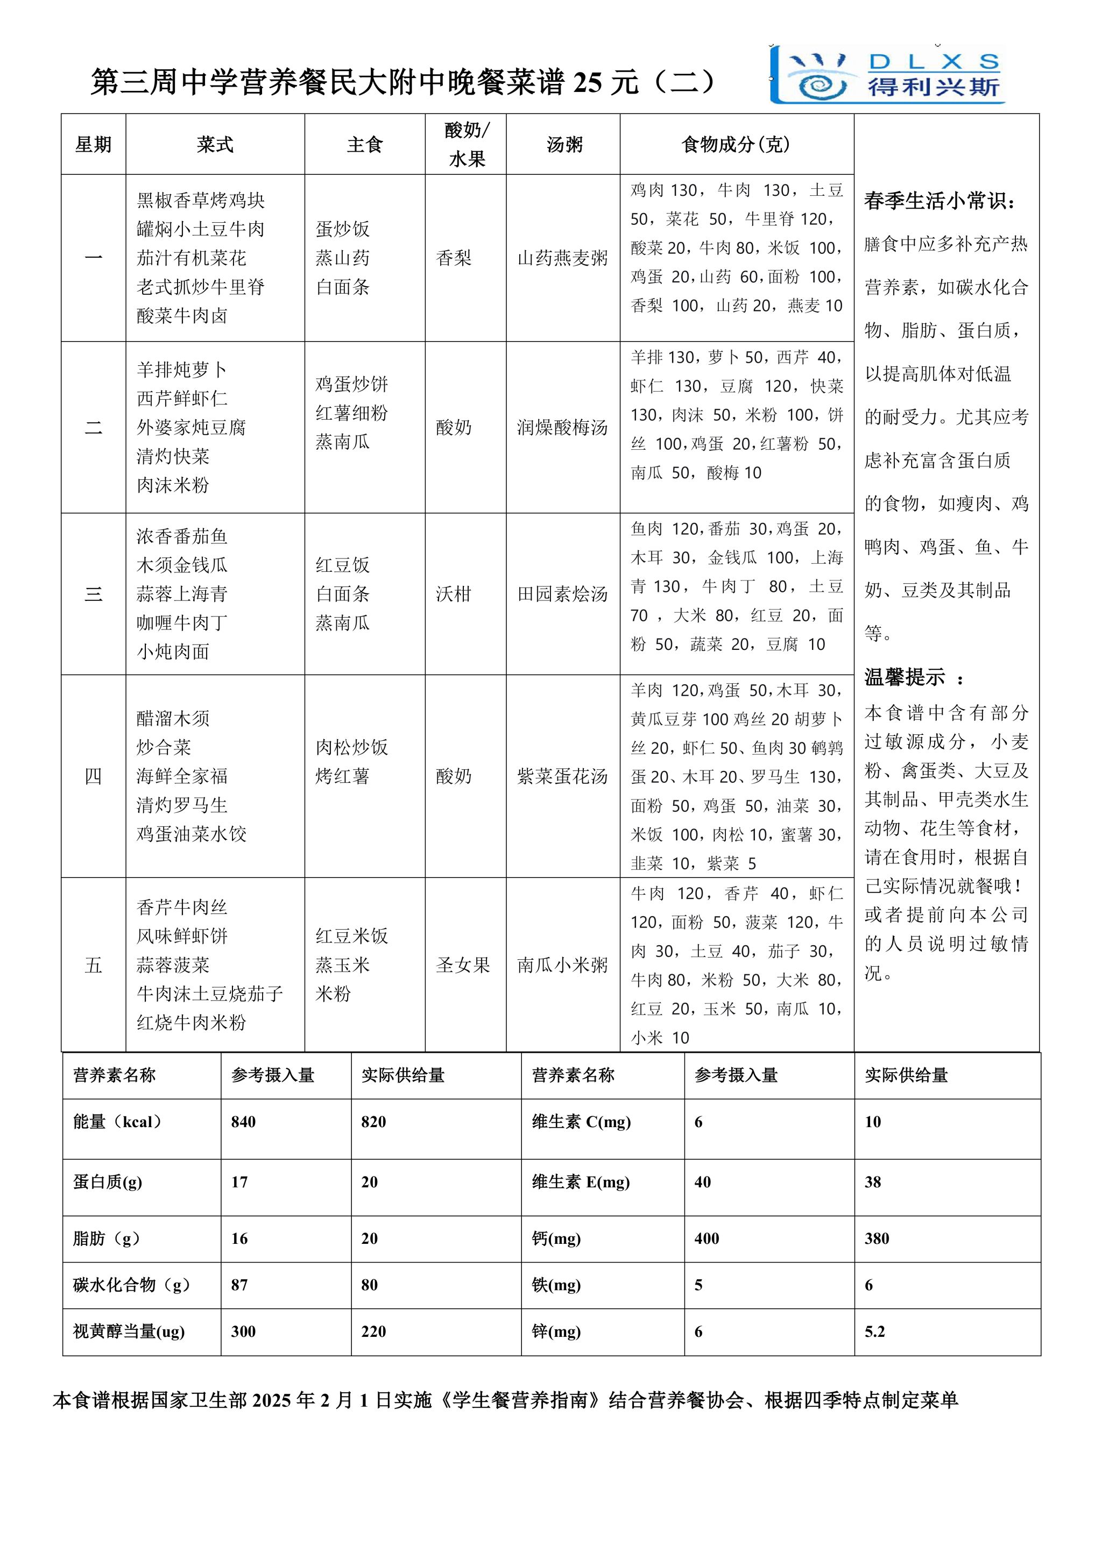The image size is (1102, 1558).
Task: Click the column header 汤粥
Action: [564, 145]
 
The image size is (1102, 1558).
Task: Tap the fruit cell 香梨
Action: [453, 258]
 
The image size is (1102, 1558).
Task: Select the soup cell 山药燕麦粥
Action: [562, 258]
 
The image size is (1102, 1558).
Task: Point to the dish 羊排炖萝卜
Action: [181, 370]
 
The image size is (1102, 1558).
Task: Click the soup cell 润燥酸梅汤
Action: [562, 428]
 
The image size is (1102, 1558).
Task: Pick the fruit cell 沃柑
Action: [453, 594]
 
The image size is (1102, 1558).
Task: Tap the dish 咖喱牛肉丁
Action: [182, 623]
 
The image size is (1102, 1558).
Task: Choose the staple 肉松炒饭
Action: [351, 748]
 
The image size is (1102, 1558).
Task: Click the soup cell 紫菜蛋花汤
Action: [562, 776]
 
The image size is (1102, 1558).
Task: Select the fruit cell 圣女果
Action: [463, 965]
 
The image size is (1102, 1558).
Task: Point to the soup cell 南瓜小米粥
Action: [562, 965]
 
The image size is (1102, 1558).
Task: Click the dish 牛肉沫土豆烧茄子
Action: [210, 994]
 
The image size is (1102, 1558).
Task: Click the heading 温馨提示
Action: [905, 677]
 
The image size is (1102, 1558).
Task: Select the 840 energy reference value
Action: [244, 1122]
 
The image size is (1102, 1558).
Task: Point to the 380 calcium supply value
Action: [877, 1238]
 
